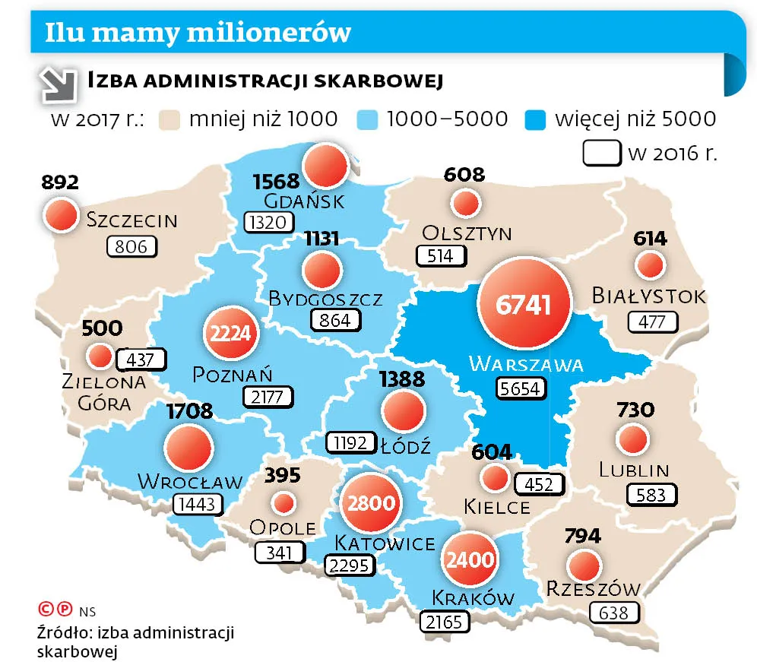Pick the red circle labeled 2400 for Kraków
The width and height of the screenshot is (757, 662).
click(x=469, y=559)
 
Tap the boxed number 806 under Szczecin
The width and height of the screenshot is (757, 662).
click(x=131, y=246)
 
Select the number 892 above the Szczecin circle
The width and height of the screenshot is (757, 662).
click(x=60, y=182)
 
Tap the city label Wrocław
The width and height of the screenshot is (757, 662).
click(x=190, y=481)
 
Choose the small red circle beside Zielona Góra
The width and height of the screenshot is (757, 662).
click(x=99, y=356)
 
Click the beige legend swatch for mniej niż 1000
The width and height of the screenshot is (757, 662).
click(x=172, y=119)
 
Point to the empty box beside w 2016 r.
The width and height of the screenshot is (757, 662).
click(x=602, y=152)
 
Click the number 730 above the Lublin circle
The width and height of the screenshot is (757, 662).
click(x=635, y=410)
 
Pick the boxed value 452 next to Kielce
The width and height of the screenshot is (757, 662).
click(x=539, y=484)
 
